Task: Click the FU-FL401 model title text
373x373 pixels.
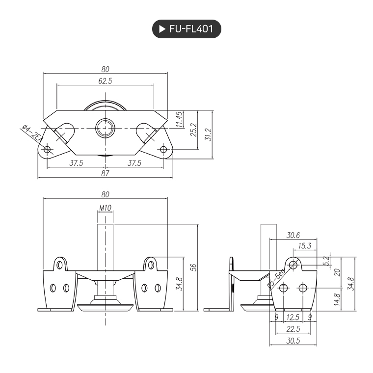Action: (191, 29)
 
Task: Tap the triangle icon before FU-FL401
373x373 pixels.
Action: (162, 29)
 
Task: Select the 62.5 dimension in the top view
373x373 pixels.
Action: (105, 81)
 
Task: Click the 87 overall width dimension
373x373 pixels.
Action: (105, 173)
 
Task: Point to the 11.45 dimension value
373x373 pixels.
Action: (180, 119)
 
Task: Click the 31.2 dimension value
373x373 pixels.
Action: (208, 134)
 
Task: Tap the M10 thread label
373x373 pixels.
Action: (105, 208)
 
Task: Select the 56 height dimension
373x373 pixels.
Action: (194, 267)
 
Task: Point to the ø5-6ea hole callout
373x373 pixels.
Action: (276, 281)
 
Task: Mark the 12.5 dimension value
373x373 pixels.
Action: (293, 318)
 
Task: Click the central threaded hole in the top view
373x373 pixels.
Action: (105, 128)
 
